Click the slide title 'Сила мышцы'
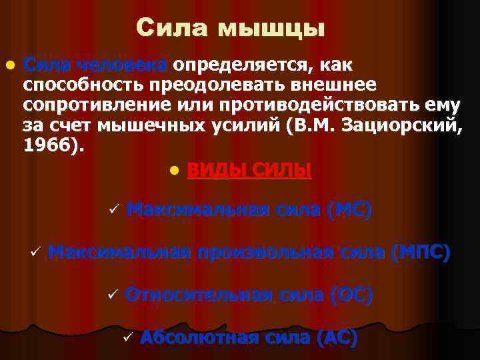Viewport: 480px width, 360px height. [231, 28]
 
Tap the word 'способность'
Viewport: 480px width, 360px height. [83, 85]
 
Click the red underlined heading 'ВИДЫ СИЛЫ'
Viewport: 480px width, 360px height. [249, 171]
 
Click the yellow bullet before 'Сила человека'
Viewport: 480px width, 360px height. [9, 66]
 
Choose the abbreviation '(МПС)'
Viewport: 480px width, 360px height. [421, 253]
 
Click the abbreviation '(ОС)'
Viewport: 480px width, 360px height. [351, 295]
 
